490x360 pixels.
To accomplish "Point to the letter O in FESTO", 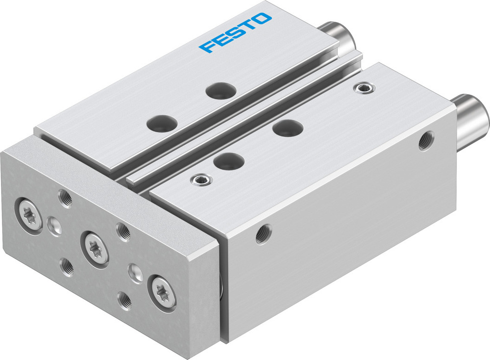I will click(x=263, y=20).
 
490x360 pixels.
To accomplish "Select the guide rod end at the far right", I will click(x=471, y=116).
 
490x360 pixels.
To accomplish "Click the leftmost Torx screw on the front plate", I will click(x=31, y=215).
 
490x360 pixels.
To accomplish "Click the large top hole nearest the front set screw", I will click(x=229, y=160).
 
